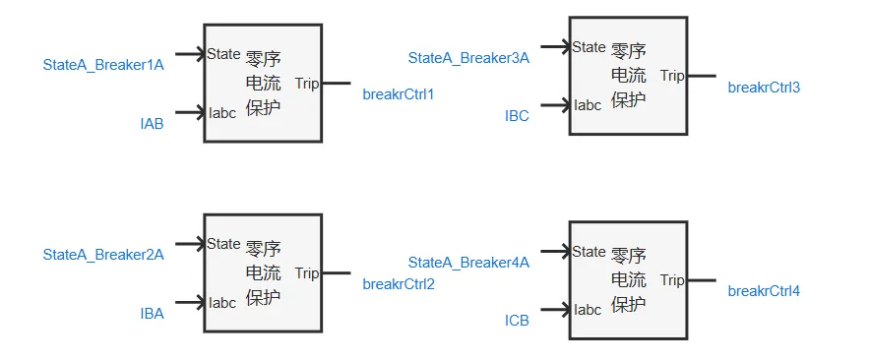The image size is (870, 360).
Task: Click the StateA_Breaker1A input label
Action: (102, 65)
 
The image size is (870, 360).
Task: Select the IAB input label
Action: (152, 123)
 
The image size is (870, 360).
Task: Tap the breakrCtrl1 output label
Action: (398, 94)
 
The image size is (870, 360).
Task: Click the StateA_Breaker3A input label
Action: (468, 58)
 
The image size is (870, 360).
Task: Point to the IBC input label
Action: (517, 116)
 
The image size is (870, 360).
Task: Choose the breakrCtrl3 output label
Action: (764, 88)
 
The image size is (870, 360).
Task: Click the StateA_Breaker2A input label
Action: (102, 255)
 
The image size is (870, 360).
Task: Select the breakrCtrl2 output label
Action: (398, 284)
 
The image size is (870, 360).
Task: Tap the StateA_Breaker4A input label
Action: (468, 262)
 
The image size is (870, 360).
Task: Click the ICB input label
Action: (517, 320)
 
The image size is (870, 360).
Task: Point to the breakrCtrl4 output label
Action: (764, 291)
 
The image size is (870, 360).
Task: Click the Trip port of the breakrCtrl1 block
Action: (307, 84)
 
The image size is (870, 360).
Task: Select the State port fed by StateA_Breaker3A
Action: (589, 46)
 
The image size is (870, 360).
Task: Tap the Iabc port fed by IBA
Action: (222, 302)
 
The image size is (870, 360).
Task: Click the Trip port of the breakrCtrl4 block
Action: (672, 280)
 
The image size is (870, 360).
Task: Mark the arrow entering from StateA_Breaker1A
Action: (189, 54)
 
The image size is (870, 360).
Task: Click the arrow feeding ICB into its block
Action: (554, 309)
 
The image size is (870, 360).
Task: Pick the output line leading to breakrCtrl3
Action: (701, 76)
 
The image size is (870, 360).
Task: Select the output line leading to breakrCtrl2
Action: (336, 272)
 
